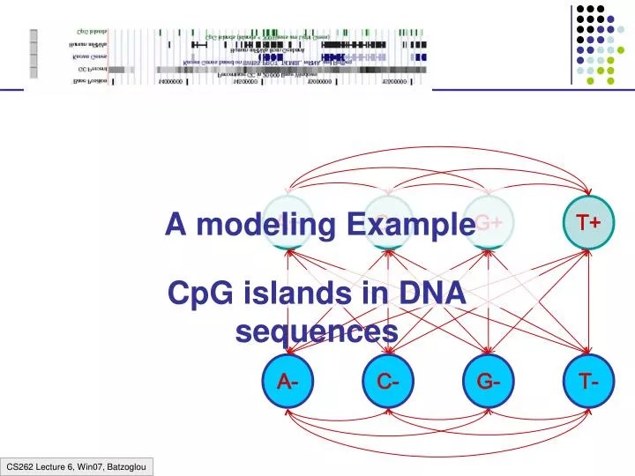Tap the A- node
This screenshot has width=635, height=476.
288,382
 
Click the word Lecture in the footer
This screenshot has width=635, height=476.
51,465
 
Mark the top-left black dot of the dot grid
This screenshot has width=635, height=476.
580,10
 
